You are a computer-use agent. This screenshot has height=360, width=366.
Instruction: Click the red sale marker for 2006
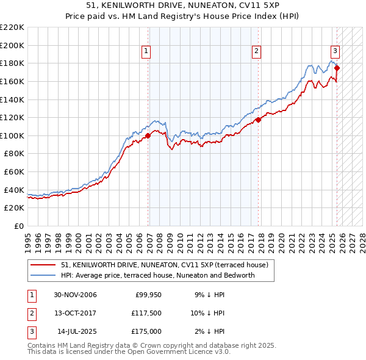pyautogui.click(x=148, y=135)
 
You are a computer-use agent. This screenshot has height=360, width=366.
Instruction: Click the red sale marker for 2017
pyautogui.click(x=257, y=120)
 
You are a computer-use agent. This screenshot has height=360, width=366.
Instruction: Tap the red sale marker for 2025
pyautogui.click(x=337, y=68)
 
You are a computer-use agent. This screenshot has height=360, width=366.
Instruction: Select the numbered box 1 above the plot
pyautogui.click(x=147, y=51)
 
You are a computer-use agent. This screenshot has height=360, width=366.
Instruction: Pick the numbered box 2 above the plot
pyautogui.click(x=257, y=51)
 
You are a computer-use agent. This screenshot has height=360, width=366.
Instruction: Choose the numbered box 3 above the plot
pyautogui.click(x=335, y=51)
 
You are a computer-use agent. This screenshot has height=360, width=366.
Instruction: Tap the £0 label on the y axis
pyautogui.click(x=18, y=226)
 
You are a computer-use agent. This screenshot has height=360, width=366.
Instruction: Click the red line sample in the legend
pyautogui.click(x=43, y=265)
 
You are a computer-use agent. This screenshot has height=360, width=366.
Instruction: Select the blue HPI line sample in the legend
pyautogui.click(x=43, y=275)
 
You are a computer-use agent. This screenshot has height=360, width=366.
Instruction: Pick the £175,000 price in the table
pyautogui.click(x=146, y=331)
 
